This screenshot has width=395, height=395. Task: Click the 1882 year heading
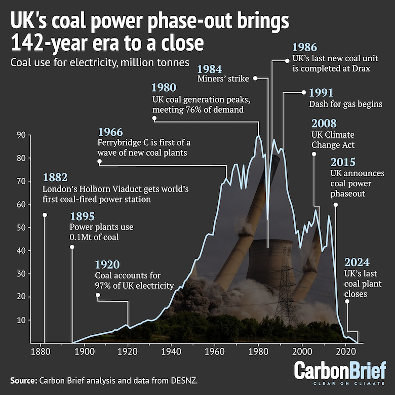coord(55,178)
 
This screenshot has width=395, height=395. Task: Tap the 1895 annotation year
coord(82,216)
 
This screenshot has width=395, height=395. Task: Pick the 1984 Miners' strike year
coord(209,68)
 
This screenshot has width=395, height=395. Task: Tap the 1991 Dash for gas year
coord(321,93)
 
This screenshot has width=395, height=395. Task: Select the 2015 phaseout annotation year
coord(343,163)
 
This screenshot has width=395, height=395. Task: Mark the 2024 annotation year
coord(357,262)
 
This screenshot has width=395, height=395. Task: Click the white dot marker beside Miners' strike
coord(255,78)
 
